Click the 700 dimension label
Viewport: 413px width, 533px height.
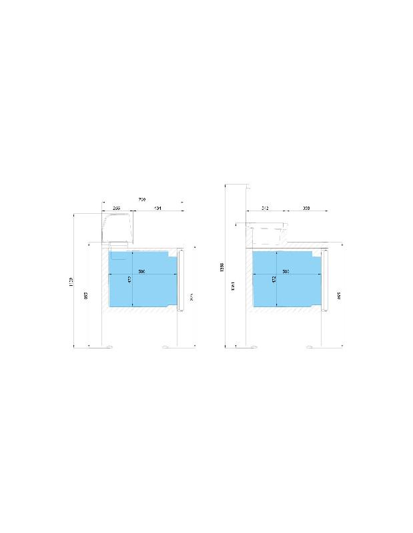point(141,199)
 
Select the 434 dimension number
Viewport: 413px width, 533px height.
point(157,209)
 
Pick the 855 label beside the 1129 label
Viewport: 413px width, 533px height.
point(86,295)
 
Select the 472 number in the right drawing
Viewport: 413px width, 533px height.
point(274,279)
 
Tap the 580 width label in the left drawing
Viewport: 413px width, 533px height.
point(141,272)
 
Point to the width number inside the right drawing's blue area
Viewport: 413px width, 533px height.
point(286,272)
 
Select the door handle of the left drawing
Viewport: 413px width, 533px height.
point(179,280)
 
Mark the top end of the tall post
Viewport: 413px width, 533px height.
point(238,185)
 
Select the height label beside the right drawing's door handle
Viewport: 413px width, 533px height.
point(338,295)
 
